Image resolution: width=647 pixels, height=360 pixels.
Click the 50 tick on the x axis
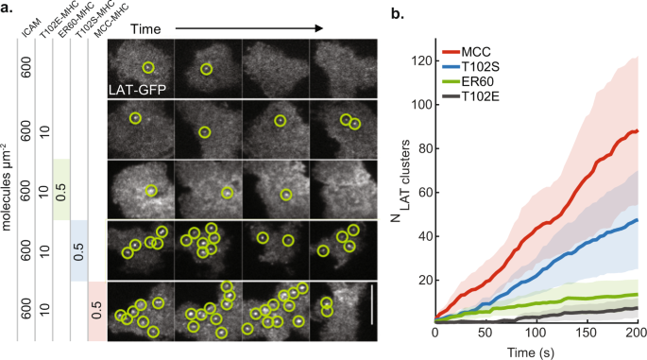click(485, 334)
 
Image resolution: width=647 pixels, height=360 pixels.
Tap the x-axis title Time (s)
click(536, 351)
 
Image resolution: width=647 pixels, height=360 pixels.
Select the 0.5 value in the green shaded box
click(60, 190)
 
